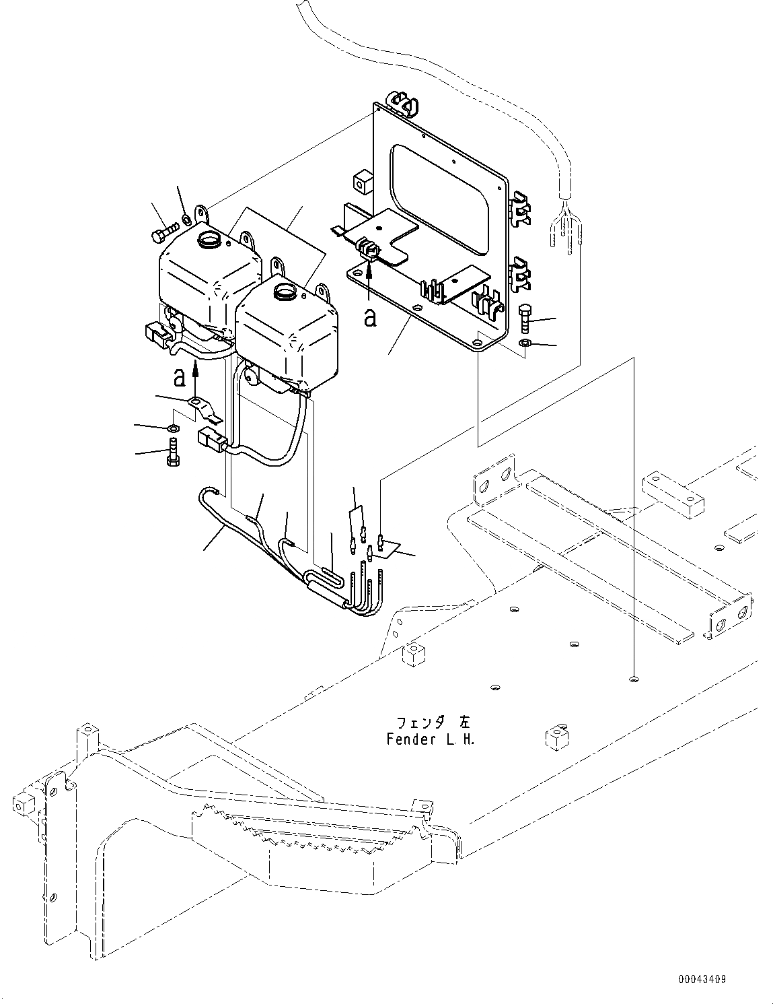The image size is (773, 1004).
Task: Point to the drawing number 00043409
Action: click(x=702, y=980)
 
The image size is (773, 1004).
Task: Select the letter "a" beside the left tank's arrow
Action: click(x=179, y=378)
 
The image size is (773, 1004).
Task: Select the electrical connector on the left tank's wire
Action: click(x=155, y=333)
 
